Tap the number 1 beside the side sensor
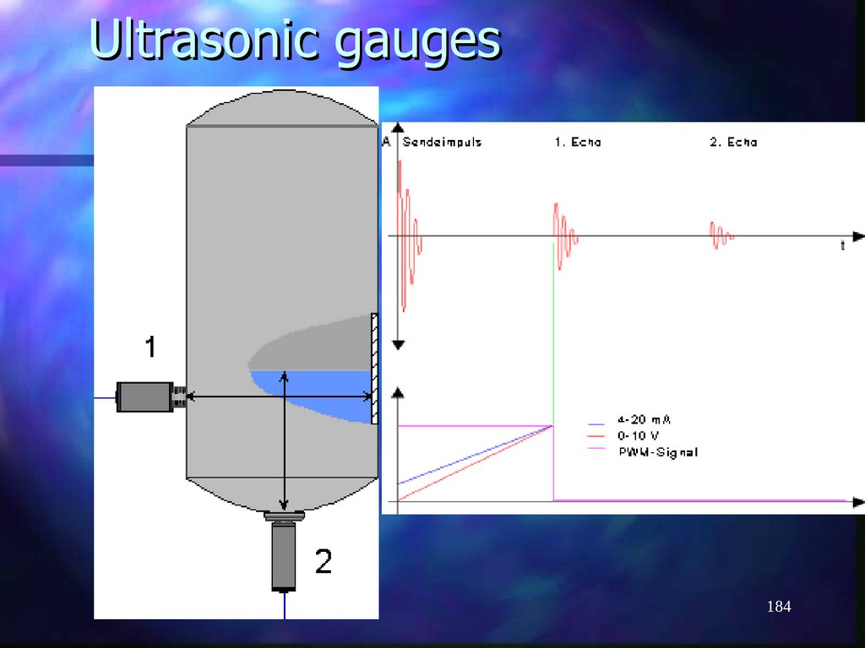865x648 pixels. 150,347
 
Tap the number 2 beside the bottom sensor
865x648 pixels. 324,561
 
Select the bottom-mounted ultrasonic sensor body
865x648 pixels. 284,557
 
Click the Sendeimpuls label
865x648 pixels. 442,143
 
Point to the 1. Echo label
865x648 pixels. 578,143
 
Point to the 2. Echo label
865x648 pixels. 733,143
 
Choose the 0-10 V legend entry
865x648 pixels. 639,435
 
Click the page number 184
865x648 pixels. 778,607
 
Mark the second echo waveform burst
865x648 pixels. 721,234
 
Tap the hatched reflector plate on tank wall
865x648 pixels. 374,368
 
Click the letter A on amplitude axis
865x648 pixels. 386,142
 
